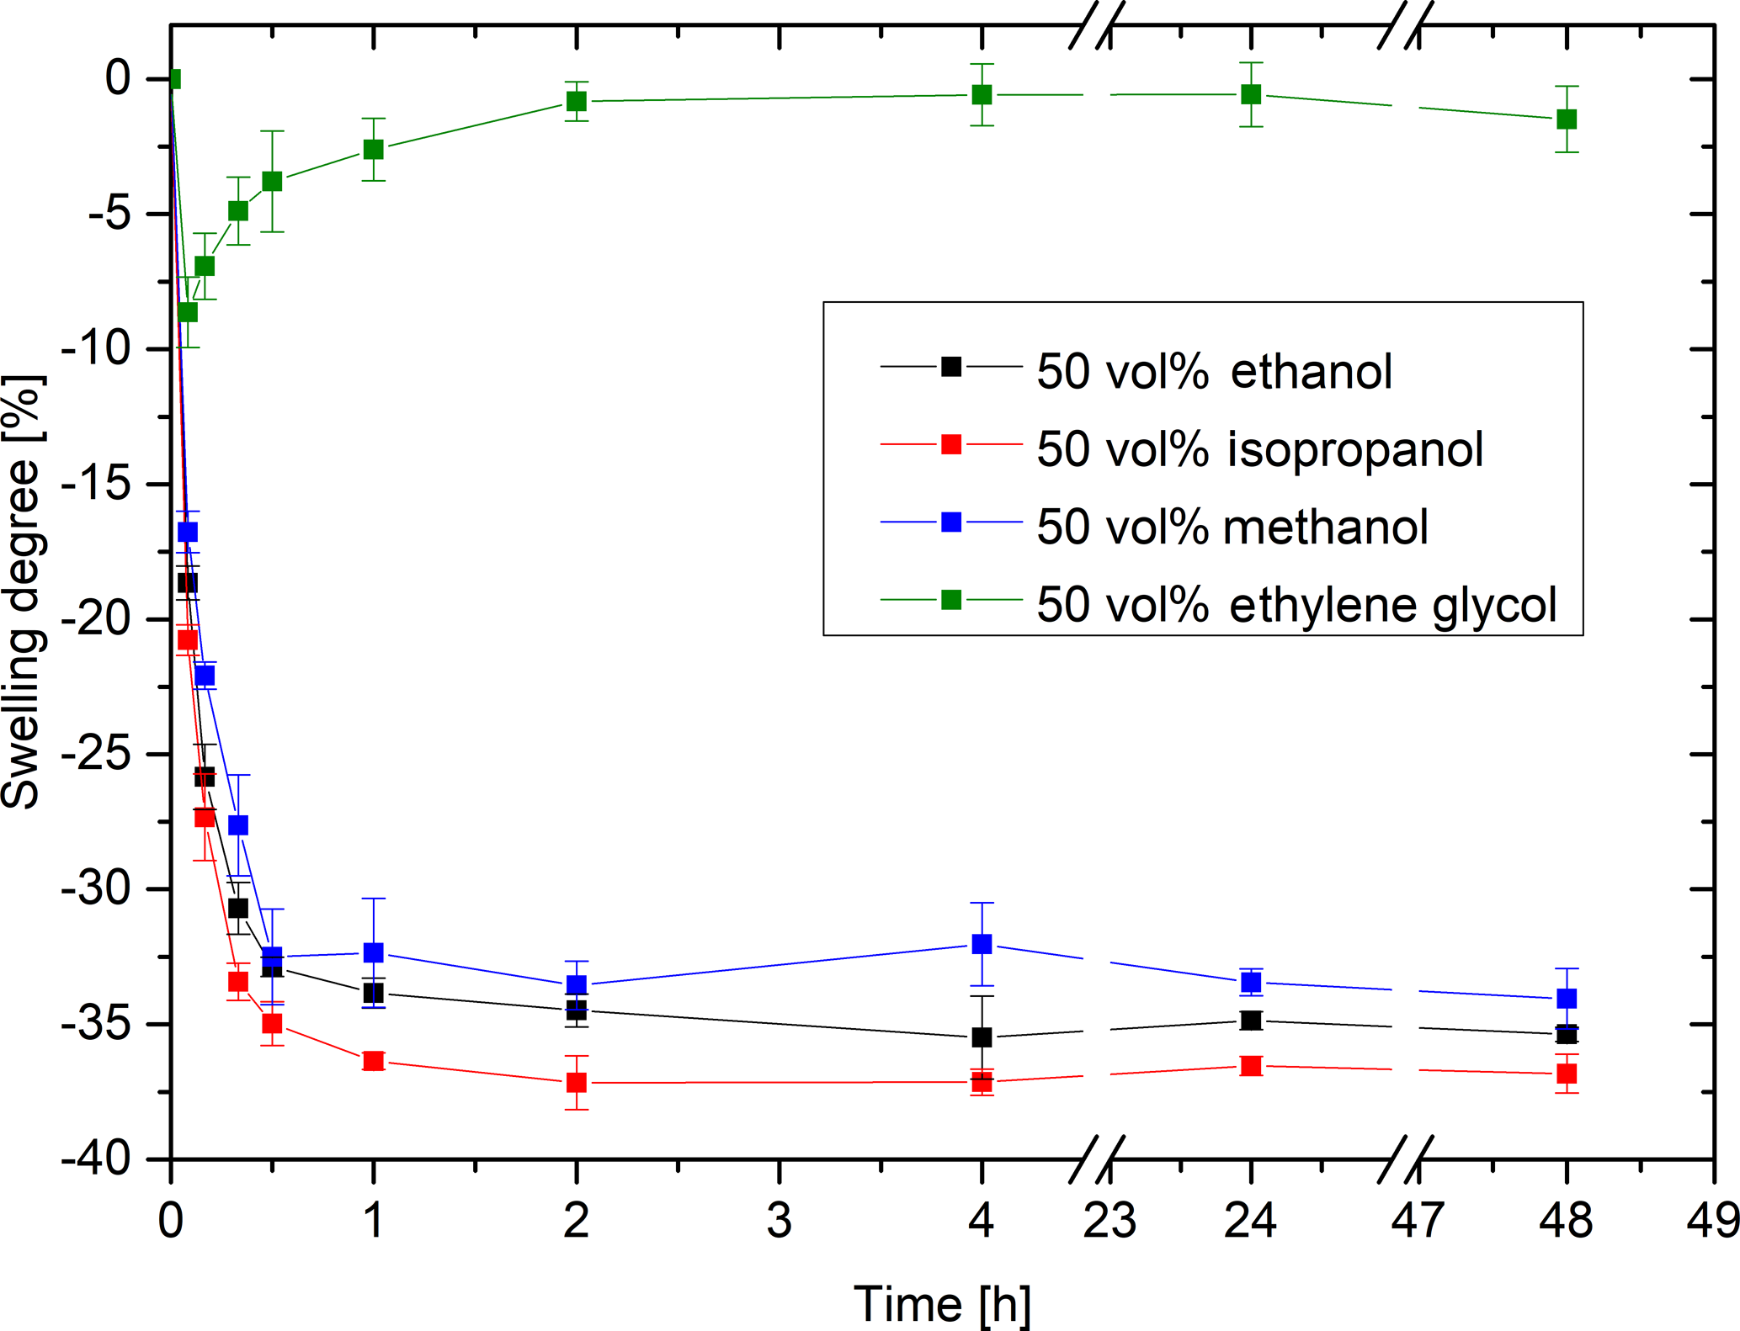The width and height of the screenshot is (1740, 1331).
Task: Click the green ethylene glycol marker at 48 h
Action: tap(1567, 119)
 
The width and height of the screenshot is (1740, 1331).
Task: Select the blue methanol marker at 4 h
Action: tap(982, 944)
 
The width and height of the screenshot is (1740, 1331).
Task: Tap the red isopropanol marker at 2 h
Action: tap(576, 1083)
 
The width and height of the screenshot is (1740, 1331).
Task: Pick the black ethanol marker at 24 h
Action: tap(1252, 1021)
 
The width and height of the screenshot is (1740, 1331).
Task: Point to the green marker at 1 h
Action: tap(373, 150)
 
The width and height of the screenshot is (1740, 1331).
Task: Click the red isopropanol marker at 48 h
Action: tap(1567, 1074)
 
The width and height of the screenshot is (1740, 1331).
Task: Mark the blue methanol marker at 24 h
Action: tap(1252, 982)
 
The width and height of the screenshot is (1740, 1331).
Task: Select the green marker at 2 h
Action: tap(576, 101)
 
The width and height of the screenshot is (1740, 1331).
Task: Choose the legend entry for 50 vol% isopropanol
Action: tap(1259, 448)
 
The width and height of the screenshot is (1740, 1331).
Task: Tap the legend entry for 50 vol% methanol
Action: tap(1232, 527)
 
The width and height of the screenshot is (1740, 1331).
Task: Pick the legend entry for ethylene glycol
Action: tap(1296, 604)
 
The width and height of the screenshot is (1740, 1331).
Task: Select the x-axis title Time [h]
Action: tap(942, 1304)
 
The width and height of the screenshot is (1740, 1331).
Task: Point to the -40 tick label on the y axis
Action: tap(96, 1159)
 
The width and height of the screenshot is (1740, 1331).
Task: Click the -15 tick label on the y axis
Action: tap(96, 484)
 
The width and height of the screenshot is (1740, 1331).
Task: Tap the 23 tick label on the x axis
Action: tap(1109, 1220)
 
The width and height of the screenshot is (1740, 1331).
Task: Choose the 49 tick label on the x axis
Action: tap(1712, 1220)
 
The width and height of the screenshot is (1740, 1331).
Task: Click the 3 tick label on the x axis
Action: tap(779, 1220)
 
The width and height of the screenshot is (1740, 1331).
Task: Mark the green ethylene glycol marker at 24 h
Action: tap(1252, 94)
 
